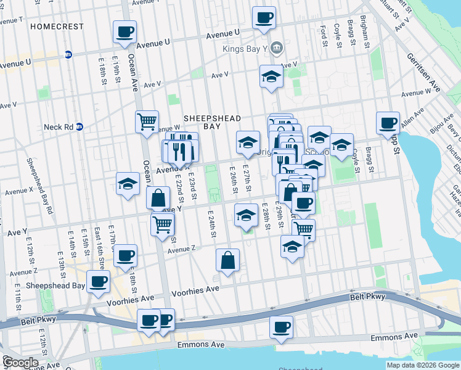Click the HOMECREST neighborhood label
pyautogui.click(x=56, y=27)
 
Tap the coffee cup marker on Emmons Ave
pyautogui.click(x=281, y=327)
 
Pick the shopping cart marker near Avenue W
pyautogui.click(x=147, y=121)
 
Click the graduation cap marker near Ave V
pyautogui.click(x=271, y=77)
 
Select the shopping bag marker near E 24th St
pyautogui.click(x=227, y=260)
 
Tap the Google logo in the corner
pyautogui.click(x=20, y=362)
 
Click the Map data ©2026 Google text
pyautogui.click(x=422, y=365)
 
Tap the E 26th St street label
pyautogui.click(x=234, y=178)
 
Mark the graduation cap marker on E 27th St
pyautogui.click(x=248, y=143)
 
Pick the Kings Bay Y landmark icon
pyautogui.click(x=277, y=47)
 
